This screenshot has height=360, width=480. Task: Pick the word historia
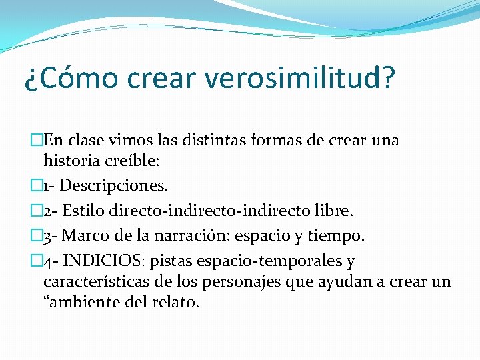point(71,160)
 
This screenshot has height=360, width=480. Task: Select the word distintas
point(215,141)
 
